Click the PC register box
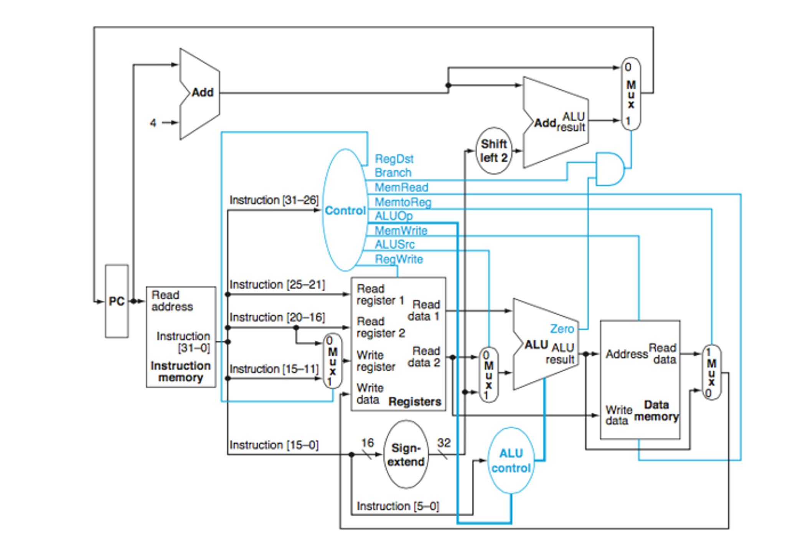click(117, 301)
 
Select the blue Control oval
click(345, 210)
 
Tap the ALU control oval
click(511, 460)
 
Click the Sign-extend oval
click(406, 454)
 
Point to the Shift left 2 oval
click(494, 150)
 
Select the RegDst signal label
click(394, 159)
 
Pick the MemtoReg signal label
click(403, 202)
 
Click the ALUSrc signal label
click(394, 244)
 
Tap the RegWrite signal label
click(399, 259)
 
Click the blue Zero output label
click(562, 329)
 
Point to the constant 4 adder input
click(153, 123)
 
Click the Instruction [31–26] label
click(274, 200)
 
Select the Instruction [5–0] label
click(398, 506)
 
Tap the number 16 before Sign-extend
click(367, 443)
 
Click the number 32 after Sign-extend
click(444, 443)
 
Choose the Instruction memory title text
click(180, 371)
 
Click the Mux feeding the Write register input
click(332, 361)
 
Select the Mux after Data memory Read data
click(711, 372)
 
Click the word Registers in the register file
click(415, 401)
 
